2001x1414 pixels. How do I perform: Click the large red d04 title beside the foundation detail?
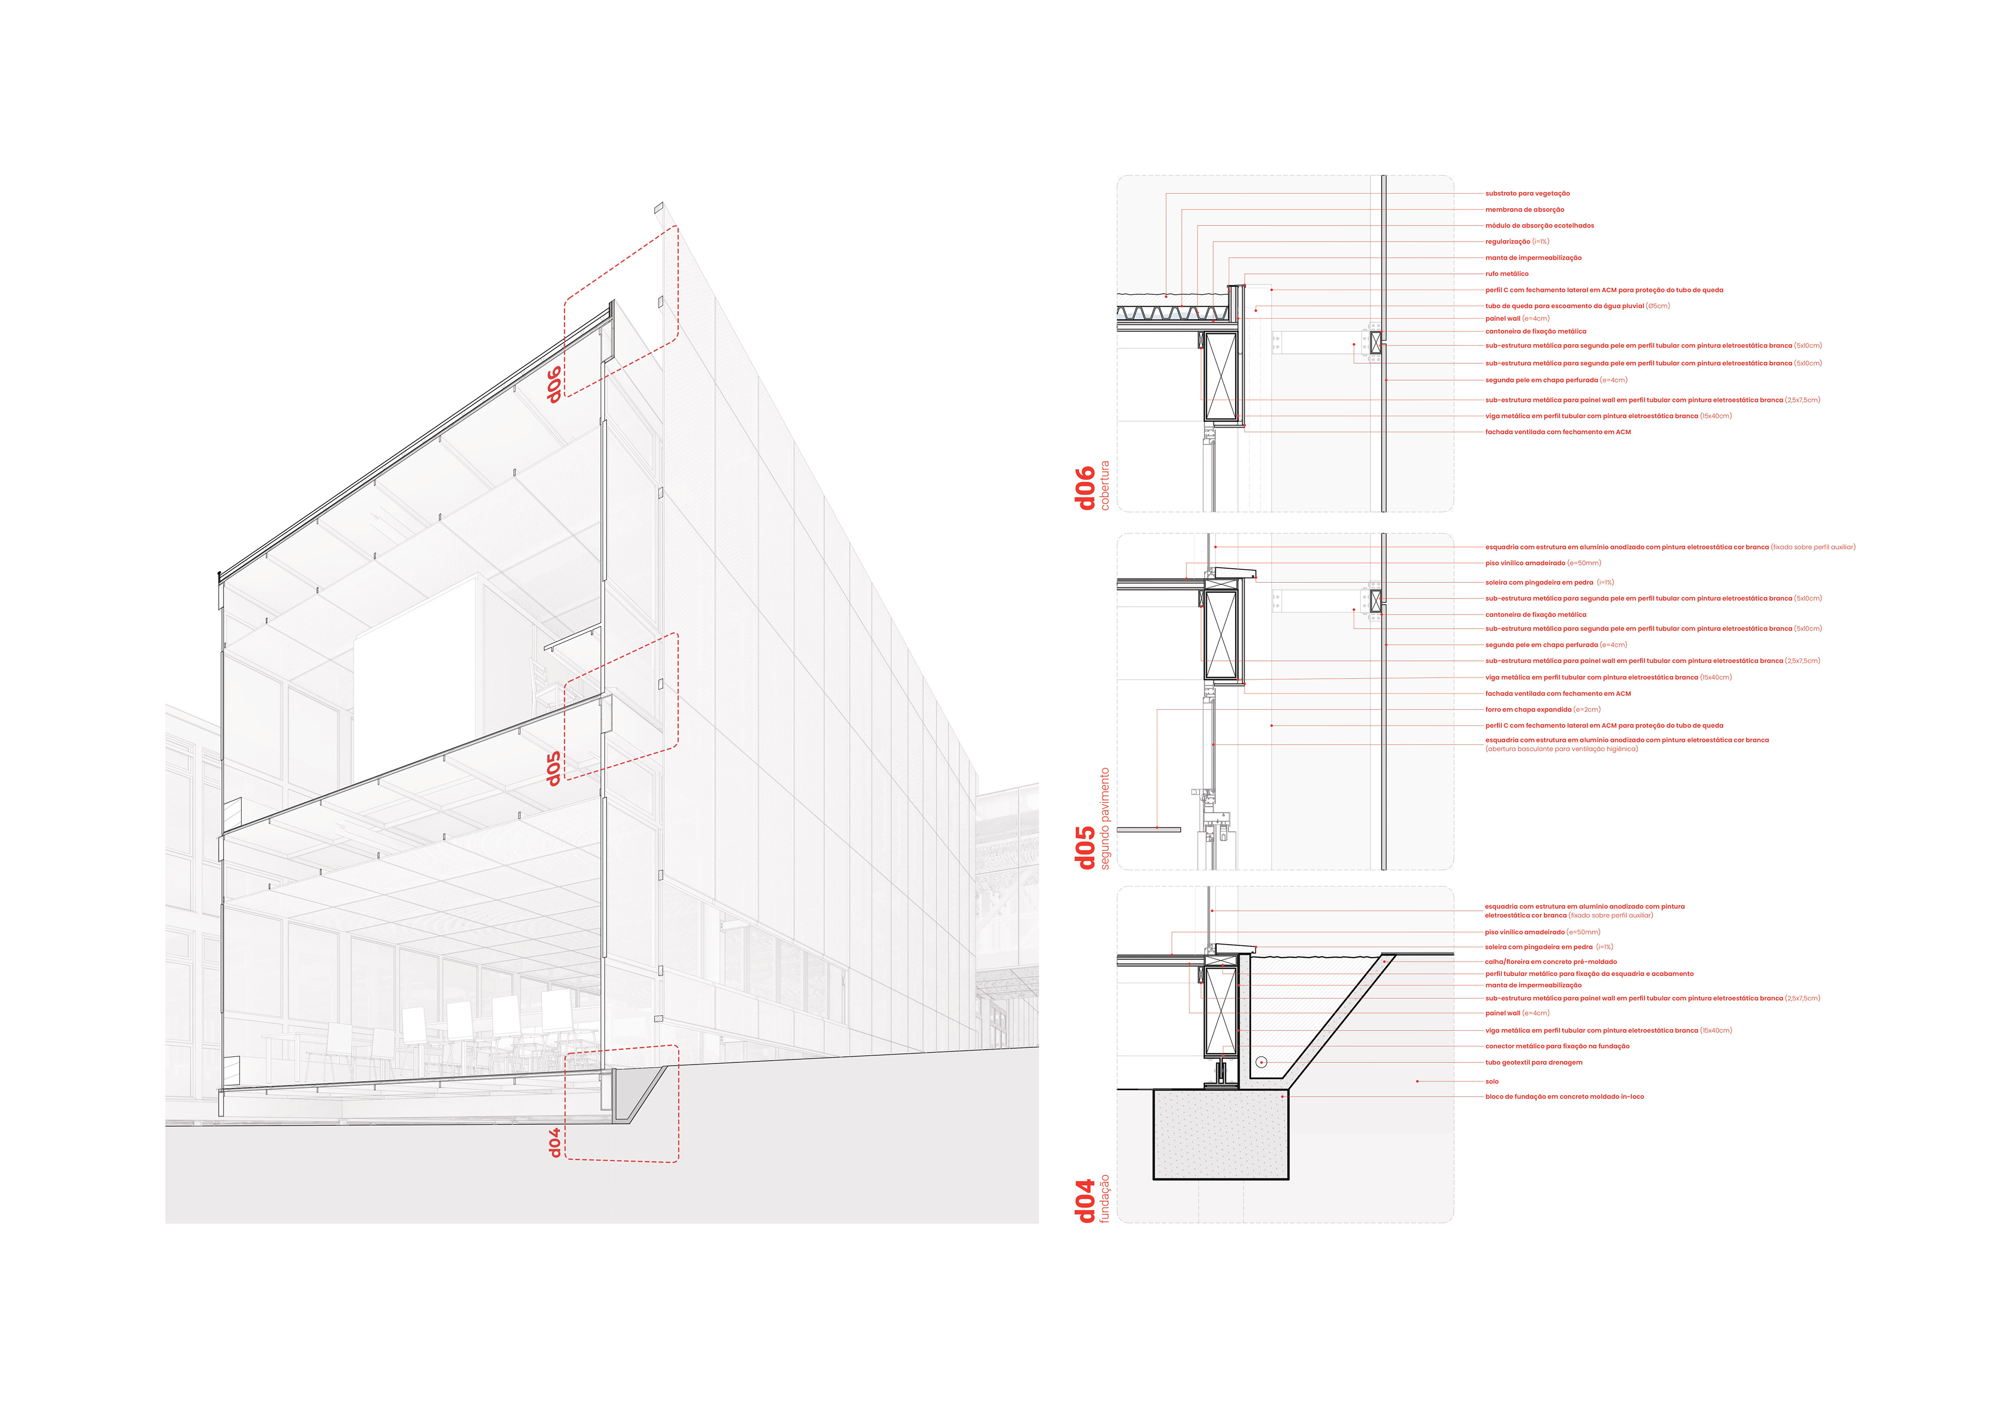click(x=1085, y=1200)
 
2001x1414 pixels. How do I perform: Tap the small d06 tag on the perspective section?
click(x=553, y=384)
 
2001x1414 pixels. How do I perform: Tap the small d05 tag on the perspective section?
click(x=553, y=768)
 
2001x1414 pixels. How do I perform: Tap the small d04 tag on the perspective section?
click(x=553, y=1142)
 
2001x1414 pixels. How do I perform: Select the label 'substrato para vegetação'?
click(x=1527, y=193)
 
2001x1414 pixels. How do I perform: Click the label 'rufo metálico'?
click(x=1507, y=273)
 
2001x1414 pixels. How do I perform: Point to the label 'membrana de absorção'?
click(x=1524, y=210)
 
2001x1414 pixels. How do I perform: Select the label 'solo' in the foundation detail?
click(x=1492, y=1081)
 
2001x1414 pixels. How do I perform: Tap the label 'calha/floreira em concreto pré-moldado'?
click(x=1550, y=962)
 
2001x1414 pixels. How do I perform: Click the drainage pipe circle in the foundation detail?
click(x=1261, y=1062)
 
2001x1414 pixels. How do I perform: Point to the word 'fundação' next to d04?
click(x=1105, y=1198)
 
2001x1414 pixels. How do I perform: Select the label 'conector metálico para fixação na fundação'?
click(x=1557, y=1046)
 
